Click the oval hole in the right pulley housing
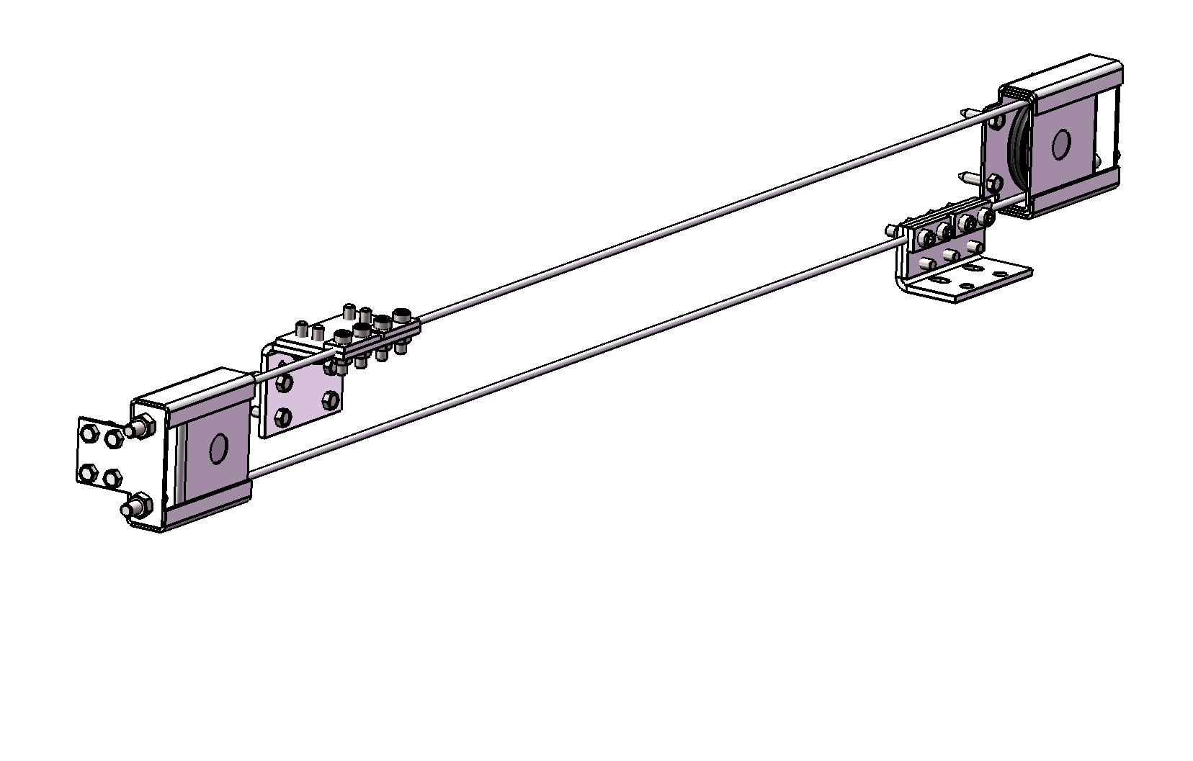(x=1060, y=145)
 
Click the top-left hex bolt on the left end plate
(x=90, y=433)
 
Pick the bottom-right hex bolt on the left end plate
(x=113, y=477)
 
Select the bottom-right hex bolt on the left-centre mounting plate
(x=331, y=400)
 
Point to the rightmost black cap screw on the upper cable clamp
(x=401, y=315)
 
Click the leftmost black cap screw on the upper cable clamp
(x=341, y=336)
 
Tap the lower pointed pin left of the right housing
(x=966, y=176)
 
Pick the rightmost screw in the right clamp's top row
(x=983, y=215)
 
